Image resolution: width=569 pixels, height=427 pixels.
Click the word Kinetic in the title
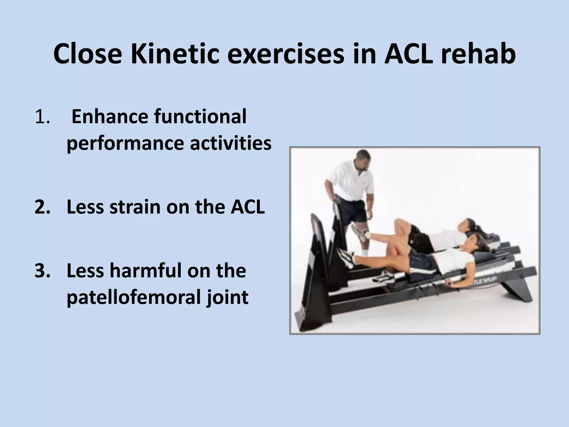tap(175, 54)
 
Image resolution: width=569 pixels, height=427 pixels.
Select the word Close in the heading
tap(87, 54)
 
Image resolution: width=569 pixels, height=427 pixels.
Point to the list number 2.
tap(42, 207)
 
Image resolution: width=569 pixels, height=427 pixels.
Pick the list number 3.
tap(42, 270)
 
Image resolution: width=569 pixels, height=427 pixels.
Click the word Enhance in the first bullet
tap(110, 117)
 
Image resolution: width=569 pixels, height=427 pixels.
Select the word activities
tap(231, 143)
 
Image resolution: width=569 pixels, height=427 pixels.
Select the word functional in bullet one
tap(200, 117)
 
